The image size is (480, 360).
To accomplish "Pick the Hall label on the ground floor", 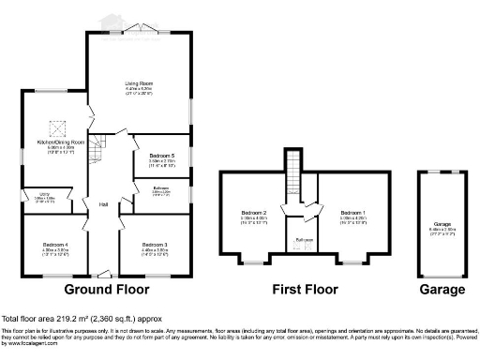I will pyautogui.click(x=104, y=204).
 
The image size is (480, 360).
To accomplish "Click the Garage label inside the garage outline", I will pyautogui.click(x=442, y=225).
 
